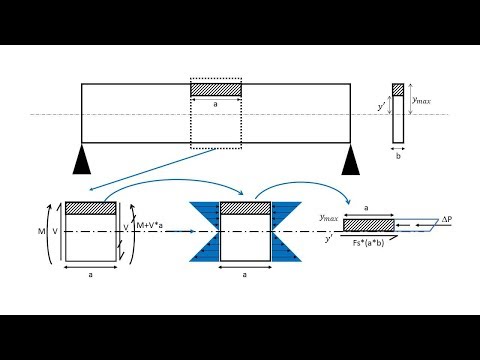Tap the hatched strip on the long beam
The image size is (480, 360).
[x=216, y=90]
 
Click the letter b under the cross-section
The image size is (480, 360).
[x=398, y=157]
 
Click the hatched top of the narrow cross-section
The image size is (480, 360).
[x=398, y=89]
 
